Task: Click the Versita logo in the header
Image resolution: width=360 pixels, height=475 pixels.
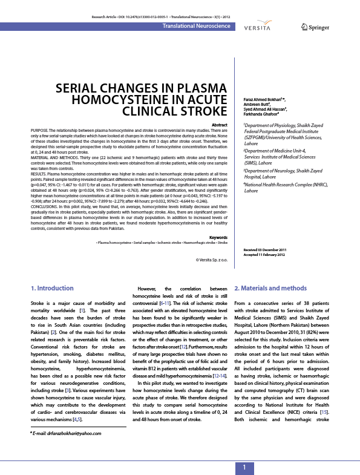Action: click(257, 27)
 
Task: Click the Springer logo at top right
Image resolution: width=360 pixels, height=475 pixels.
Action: click(315, 27)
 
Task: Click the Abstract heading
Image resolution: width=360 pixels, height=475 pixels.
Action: click(220, 125)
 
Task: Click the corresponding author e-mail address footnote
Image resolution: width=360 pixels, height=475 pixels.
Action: click(66, 433)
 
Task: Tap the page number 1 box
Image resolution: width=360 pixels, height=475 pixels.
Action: click(244, 467)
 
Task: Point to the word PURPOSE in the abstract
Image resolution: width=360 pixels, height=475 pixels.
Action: click(41, 130)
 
